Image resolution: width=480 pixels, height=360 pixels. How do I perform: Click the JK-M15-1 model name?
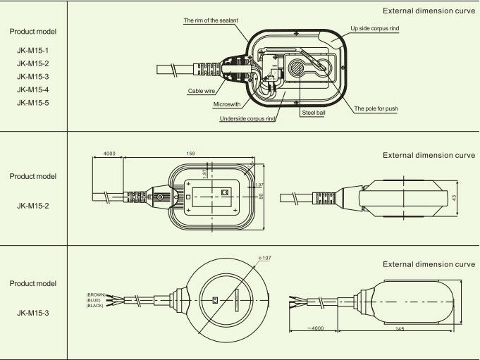[x=32, y=50]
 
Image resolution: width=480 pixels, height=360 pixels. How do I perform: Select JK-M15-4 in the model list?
[x=32, y=89]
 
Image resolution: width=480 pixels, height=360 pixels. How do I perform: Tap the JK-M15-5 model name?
[x=32, y=103]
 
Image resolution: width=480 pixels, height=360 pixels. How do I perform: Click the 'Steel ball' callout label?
[x=313, y=112]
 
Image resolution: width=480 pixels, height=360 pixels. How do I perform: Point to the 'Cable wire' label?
[x=201, y=91]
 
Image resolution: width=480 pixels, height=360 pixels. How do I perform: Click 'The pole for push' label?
[x=376, y=109]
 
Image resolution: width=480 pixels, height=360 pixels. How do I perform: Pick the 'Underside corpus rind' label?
[x=247, y=119]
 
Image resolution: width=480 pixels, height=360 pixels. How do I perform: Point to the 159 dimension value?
[x=191, y=153]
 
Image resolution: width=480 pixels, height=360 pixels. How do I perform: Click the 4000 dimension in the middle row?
[x=109, y=153]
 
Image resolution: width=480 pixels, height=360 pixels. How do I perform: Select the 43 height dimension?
[x=455, y=198]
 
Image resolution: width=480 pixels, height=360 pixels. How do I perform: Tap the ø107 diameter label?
[x=265, y=259]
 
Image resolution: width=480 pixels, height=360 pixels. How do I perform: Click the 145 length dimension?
[x=400, y=328]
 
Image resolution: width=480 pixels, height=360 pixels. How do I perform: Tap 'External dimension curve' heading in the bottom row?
[x=429, y=264]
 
